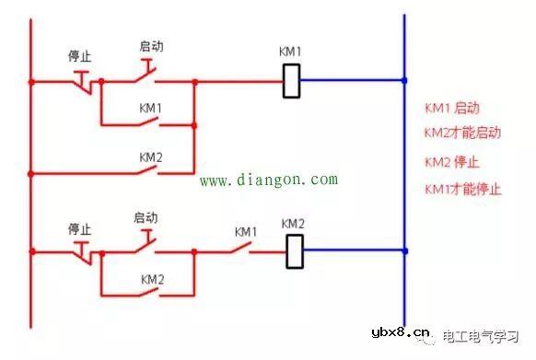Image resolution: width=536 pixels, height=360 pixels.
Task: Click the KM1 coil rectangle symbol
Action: (x=291, y=80)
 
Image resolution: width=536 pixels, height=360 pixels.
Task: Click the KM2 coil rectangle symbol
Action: (x=295, y=249)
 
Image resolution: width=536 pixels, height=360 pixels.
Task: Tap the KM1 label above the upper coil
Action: (x=290, y=50)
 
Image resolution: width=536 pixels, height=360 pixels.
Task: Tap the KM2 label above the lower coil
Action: (x=293, y=224)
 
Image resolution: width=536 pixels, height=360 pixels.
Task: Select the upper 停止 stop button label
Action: (x=80, y=55)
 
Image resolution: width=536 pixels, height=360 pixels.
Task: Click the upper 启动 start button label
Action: (x=151, y=45)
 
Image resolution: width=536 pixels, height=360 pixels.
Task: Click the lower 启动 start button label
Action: (x=146, y=217)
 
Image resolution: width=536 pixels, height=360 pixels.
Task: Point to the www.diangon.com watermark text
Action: (x=269, y=180)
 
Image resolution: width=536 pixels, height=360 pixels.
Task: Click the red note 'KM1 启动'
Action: (x=451, y=108)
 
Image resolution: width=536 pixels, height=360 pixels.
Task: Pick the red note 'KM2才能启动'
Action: (x=462, y=133)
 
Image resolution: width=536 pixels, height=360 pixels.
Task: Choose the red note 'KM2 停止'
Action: (x=451, y=161)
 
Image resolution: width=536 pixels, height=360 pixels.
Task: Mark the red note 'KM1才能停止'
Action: (x=462, y=189)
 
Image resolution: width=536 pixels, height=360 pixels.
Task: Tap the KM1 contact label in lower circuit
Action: (x=245, y=231)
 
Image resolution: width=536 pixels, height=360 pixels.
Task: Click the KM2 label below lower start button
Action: (x=152, y=278)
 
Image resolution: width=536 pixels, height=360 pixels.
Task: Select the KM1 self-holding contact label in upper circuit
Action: (x=150, y=108)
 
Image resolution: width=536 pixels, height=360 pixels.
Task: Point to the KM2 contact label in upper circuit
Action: (x=150, y=157)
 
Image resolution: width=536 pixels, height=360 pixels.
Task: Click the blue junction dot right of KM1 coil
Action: (x=404, y=80)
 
